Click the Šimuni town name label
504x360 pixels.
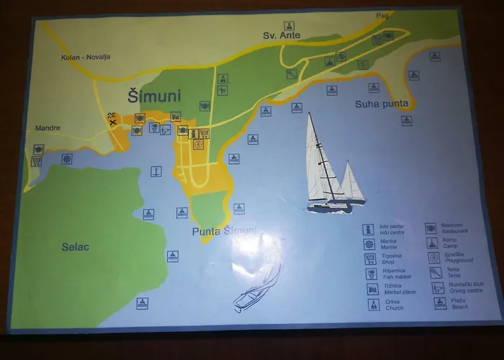pos(154,96)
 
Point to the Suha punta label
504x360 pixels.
pos(382,104)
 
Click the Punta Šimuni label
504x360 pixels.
pos(224,231)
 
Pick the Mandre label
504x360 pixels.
pos(48,129)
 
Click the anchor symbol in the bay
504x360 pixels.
pos(156,171)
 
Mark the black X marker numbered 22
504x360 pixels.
pos(112,119)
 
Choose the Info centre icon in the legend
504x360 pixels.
pos(369,230)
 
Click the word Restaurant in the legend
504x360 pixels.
pos(454,232)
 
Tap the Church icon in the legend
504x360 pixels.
pos(373,305)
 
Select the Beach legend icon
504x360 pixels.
pos(439,303)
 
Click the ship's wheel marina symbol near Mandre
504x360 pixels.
pos(67,159)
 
